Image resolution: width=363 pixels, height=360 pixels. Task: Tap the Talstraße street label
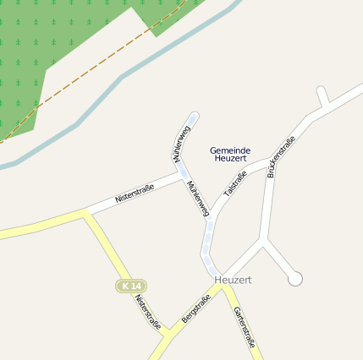tap(234, 184)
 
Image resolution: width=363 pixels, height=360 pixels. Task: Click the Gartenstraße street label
tap(244, 327)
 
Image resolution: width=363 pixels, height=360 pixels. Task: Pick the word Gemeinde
tap(230, 150)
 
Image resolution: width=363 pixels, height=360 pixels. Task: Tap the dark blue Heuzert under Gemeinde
tap(230, 158)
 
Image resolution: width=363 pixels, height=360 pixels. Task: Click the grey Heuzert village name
tap(234, 279)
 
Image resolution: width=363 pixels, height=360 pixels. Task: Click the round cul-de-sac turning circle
tap(294, 278)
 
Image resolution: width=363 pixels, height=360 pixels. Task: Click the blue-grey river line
tap(127, 75)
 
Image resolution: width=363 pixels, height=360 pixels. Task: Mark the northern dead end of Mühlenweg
tap(194, 115)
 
